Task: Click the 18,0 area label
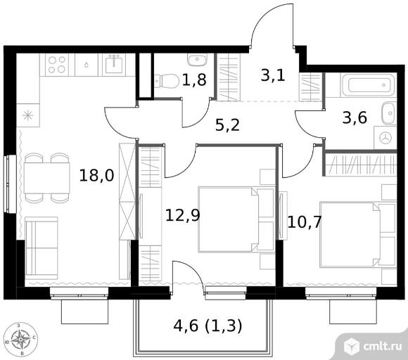tap(96, 175)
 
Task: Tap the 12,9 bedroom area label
tap(183, 215)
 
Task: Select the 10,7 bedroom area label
tap(305, 222)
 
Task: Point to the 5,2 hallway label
tap(227, 125)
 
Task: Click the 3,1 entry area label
tap(273, 76)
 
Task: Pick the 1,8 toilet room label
tap(194, 79)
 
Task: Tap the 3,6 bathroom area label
tap(355, 117)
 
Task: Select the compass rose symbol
tap(20, 340)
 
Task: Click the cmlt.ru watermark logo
tap(373, 346)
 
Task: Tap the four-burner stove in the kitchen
tap(57, 65)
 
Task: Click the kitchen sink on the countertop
tap(114, 65)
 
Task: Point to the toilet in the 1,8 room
tap(166, 81)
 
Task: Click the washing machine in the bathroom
tap(385, 138)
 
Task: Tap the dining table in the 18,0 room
tap(47, 178)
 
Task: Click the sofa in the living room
tap(42, 248)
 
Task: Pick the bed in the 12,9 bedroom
tap(236, 219)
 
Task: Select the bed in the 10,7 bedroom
tap(358, 234)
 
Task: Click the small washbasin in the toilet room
tap(197, 60)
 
